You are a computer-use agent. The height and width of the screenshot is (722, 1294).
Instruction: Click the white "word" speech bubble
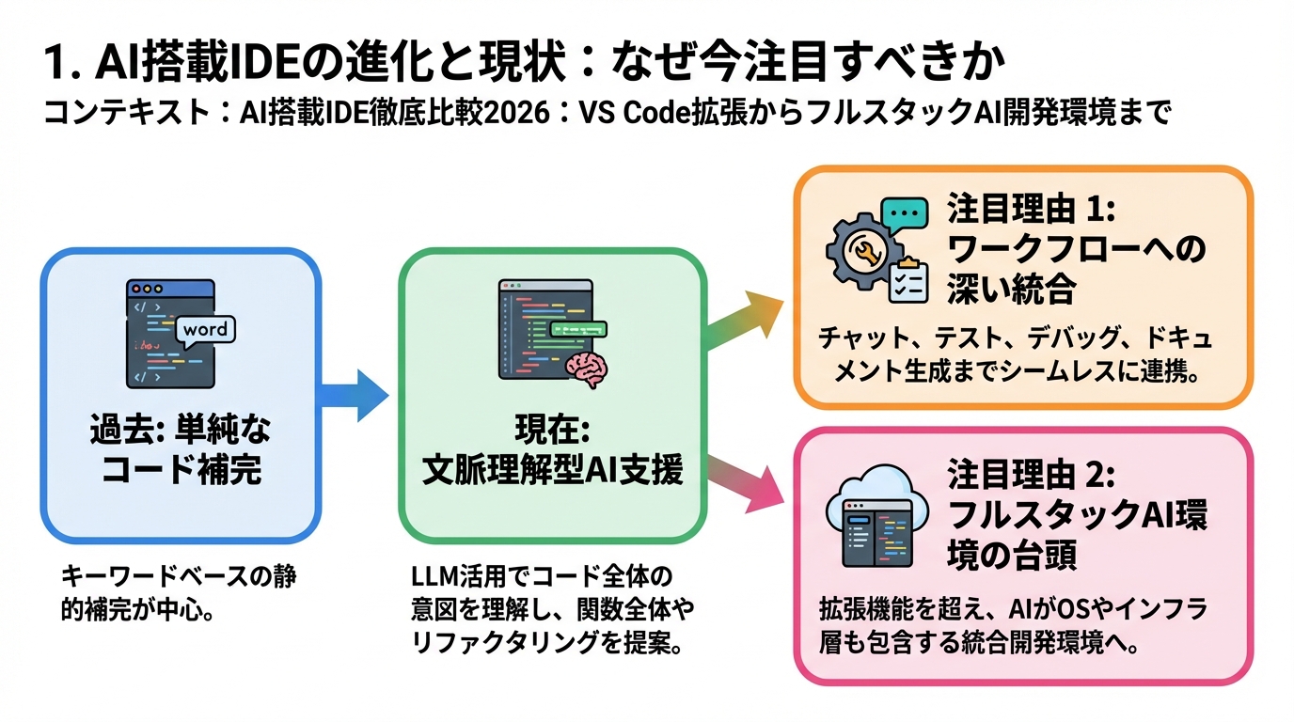click(x=205, y=330)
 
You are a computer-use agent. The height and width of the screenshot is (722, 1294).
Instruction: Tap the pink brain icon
click(x=589, y=369)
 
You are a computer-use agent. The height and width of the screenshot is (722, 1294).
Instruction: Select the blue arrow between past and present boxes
click(x=355, y=395)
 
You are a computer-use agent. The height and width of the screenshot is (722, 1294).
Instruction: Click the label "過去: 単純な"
click(x=180, y=431)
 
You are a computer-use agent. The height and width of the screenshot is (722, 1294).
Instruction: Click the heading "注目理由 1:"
click(x=1030, y=208)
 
